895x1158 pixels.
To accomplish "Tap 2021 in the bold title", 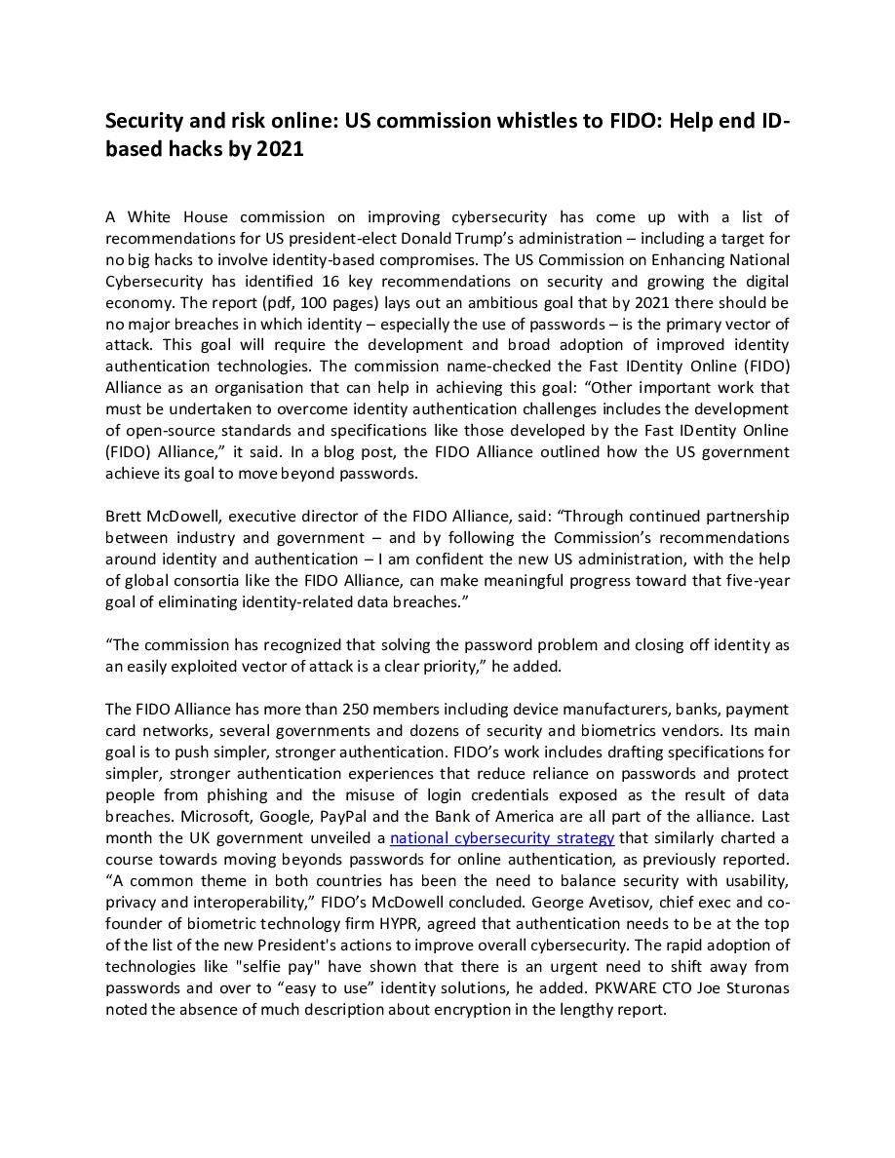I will (283, 149).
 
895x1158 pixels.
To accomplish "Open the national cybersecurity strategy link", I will (502, 838).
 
